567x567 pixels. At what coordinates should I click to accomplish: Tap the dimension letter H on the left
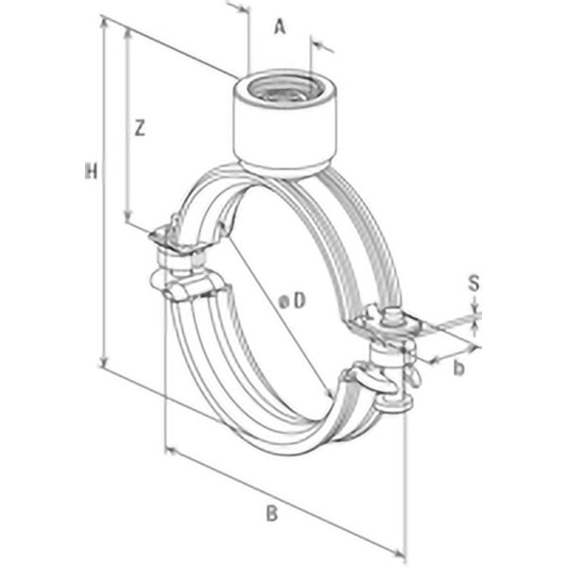[91, 172]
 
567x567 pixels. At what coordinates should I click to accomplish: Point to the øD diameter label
[294, 301]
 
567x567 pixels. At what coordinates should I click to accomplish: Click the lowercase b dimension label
[458, 367]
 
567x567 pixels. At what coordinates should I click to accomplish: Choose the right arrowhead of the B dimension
[403, 554]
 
